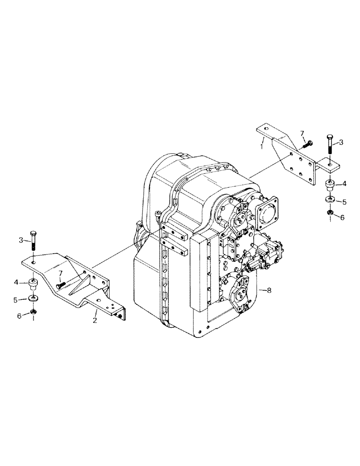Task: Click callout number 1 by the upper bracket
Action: click(x=262, y=146)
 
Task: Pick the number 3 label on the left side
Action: click(x=21, y=240)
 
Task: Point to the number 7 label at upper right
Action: click(x=302, y=134)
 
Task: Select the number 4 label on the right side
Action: click(x=344, y=184)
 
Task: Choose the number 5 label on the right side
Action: click(x=344, y=202)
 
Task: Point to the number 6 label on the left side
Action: click(x=20, y=315)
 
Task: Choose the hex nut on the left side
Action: click(x=34, y=312)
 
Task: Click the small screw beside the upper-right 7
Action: click(x=306, y=142)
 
